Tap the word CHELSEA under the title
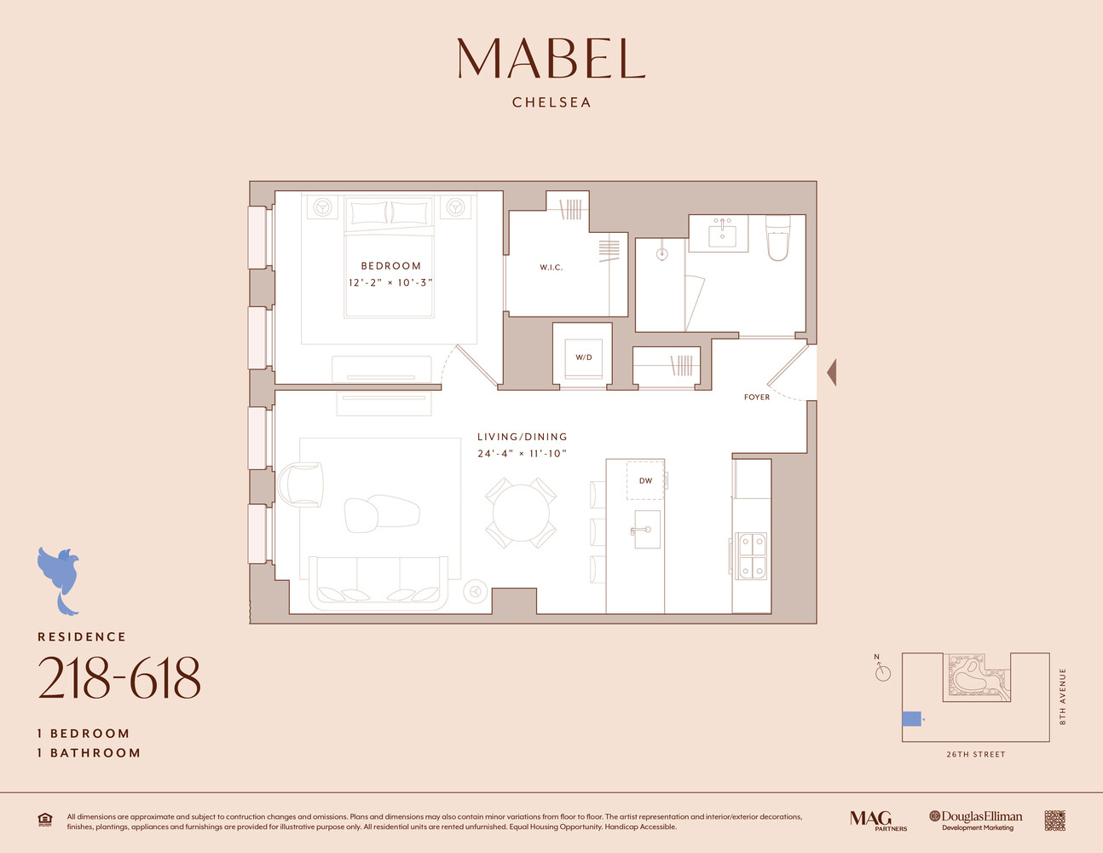point(551,102)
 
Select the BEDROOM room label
point(390,266)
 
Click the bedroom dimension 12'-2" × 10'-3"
point(390,282)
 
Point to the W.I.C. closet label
point(551,268)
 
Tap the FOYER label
point(756,397)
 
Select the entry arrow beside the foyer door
point(831,373)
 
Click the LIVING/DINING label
point(522,437)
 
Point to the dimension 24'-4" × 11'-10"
point(522,454)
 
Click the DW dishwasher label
point(645,481)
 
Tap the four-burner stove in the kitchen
point(752,555)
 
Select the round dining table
point(521,513)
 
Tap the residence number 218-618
point(119,679)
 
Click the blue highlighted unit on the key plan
point(911,718)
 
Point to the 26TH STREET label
point(975,755)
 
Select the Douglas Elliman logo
point(976,820)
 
